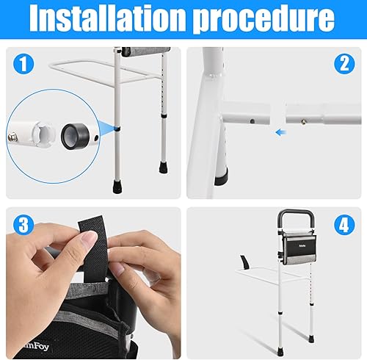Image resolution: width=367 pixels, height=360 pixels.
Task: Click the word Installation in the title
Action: click(108, 22)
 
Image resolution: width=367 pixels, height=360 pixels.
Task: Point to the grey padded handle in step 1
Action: click(137, 52)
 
